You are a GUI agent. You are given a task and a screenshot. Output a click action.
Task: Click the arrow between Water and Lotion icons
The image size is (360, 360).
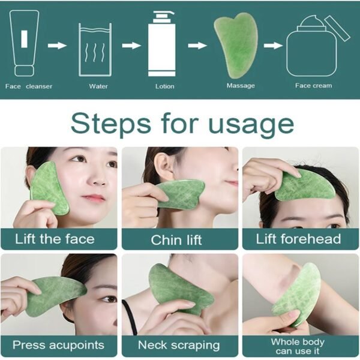pyautogui.click(x=130, y=44)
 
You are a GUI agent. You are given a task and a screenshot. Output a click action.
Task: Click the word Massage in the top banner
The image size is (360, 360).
pyautogui.click(x=241, y=86)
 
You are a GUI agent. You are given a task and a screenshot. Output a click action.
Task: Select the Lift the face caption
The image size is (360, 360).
pyautogui.click(x=55, y=239)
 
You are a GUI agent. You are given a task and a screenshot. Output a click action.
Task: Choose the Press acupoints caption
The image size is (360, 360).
pyautogui.click(x=58, y=345)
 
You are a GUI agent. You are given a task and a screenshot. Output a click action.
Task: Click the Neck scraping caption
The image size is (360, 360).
pyautogui.click(x=178, y=345)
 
